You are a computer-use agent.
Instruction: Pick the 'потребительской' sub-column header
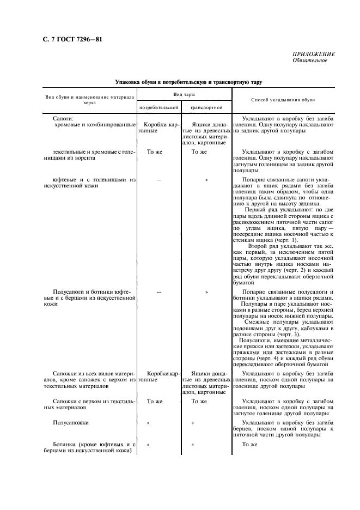pyautogui.click(x=160, y=107)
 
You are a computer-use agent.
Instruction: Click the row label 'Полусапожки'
pyautogui.click(x=71, y=422)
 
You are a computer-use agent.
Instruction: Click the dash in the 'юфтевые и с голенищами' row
pyautogui.click(x=159, y=178)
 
